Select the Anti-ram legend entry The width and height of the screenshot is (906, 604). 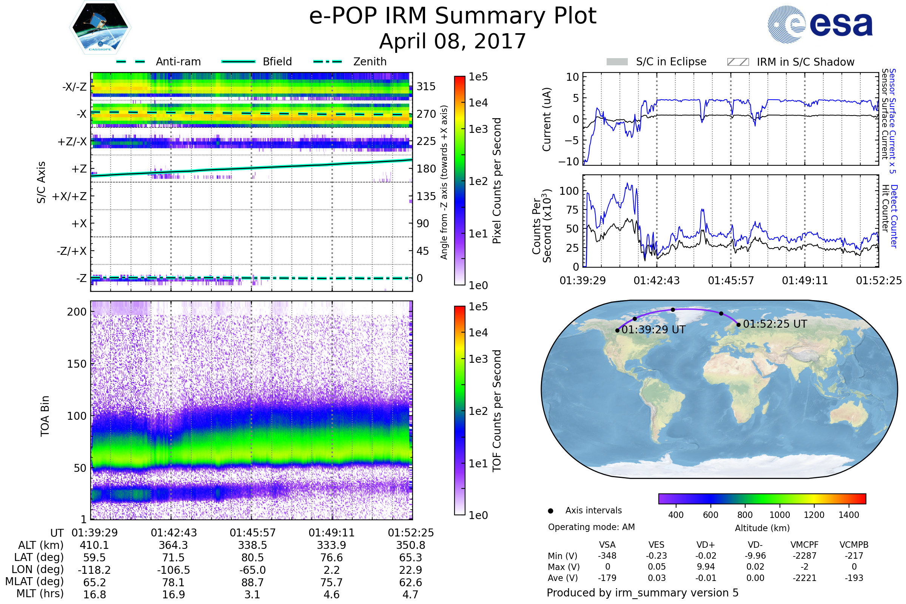point(178,62)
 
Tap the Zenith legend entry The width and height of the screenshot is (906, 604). point(370,62)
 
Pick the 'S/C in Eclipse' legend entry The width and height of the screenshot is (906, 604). point(671,62)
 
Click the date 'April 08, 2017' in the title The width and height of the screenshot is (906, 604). point(453,41)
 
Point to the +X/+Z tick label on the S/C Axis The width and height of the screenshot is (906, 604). point(69,196)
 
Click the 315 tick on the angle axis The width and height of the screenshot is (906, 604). point(426,86)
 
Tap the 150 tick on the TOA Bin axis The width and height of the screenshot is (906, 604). point(77,364)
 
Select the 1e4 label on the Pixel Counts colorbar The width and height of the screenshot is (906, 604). point(478,103)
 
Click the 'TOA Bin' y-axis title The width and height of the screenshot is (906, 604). point(45,416)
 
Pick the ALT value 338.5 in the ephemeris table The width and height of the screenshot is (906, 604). point(253,545)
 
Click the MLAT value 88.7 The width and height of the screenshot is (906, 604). point(253,582)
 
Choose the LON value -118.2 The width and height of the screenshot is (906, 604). point(94,570)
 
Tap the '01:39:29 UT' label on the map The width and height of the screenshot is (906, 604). point(654,330)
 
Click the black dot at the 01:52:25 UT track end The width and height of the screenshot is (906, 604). point(738,325)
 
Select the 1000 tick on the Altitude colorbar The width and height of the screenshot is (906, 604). point(780,515)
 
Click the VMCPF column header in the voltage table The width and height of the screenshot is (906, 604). point(804,545)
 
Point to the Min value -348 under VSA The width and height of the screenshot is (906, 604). point(607,556)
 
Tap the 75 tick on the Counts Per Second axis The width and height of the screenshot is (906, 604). point(573,210)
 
